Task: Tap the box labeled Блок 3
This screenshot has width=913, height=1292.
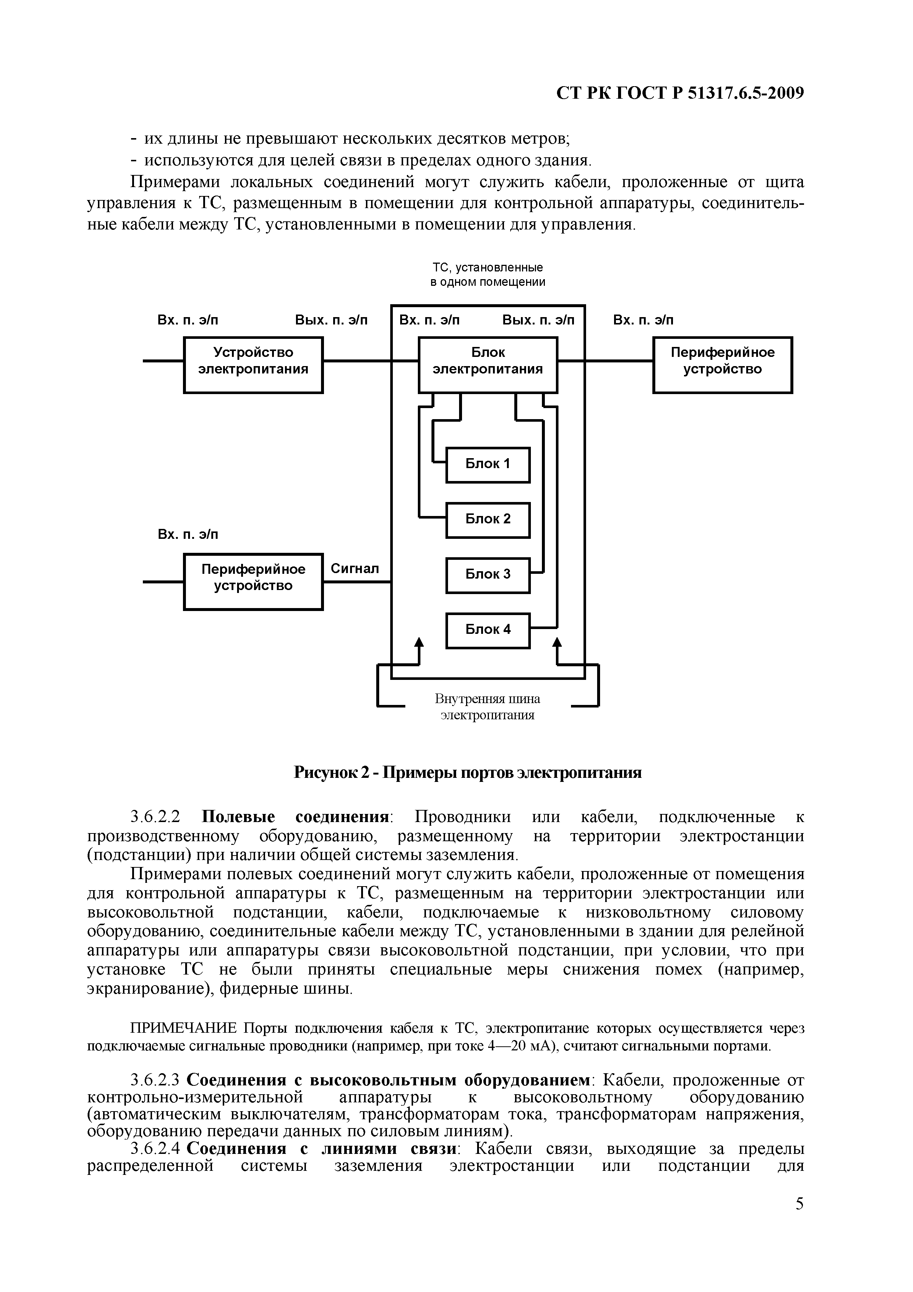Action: tap(488, 575)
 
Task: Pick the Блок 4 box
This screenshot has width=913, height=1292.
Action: tap(488, 630)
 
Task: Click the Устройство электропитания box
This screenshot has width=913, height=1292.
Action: tap(253, 365)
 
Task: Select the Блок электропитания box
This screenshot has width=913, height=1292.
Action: tap(488, 365)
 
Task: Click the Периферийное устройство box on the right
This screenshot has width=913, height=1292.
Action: tap(722, 365)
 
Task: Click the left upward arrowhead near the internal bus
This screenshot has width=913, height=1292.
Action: tap(419, 642)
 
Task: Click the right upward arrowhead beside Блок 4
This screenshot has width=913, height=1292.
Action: tap(557, 642)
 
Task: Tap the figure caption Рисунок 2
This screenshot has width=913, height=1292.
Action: tap(468, 773)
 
